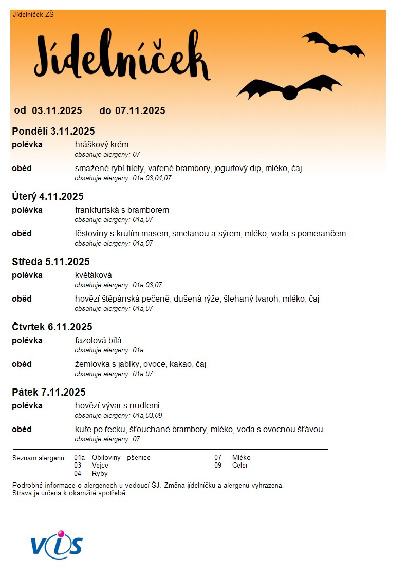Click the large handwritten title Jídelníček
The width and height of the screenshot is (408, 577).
click(122, 59)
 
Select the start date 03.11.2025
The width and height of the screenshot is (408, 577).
click(57, 110)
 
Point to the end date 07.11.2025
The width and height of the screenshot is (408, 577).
click(140, 110)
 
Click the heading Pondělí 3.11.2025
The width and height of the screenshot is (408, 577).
click(53, 131)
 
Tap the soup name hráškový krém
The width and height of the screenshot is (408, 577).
click(102, 144)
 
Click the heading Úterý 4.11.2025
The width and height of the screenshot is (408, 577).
click(48, 196)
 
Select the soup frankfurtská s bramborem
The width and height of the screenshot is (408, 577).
click(122, 210)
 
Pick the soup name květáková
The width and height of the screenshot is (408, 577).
click(93, 275)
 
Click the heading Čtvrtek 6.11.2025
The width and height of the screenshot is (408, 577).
click(52, 327)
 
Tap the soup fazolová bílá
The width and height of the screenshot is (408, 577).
click(98, 340)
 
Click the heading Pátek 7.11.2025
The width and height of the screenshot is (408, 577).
click(49, 392)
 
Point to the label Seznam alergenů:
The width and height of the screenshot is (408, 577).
click(39, 458)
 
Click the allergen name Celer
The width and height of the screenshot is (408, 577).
click(240, 466)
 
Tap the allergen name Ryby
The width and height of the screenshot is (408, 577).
click(100, 474)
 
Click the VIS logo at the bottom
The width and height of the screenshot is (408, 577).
click(57, 545)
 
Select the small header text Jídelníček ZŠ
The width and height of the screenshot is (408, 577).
click(33, 14)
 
